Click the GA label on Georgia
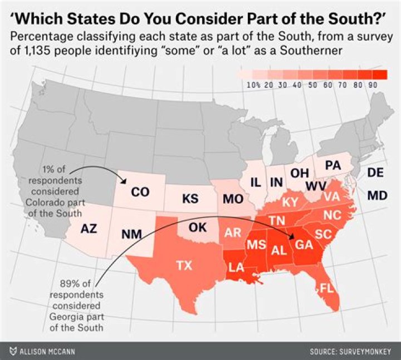(304, 244)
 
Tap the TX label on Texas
(184, 265)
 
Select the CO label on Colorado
(140, 192)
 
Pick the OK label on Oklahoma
(198, 228)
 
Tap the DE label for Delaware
(376, 173)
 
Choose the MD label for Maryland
(376, 195)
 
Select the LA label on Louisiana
(237, 268)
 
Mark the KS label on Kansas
(190, 199)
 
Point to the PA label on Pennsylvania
(332, 165)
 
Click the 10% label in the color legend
(253, 85)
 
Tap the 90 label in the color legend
(371, 85)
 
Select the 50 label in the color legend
(310, 85)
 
